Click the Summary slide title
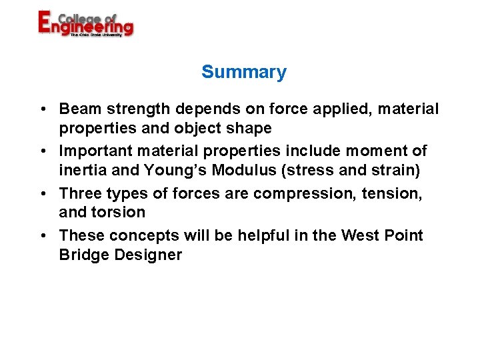pyautogui.click(x=243, y=72)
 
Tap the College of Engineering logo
pyautogui.click(x=85, y=24)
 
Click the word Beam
pyautogui.click(x=78, y=109)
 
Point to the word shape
pyautogui.click(x=249, y=128)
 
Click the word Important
pyautogui.click(x=94, y=151)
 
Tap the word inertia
pyautogui.click(x=81, y=171)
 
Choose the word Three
pyautogui.click(x=79, y=194)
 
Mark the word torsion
pyautogui.click(x=120, y=213)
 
